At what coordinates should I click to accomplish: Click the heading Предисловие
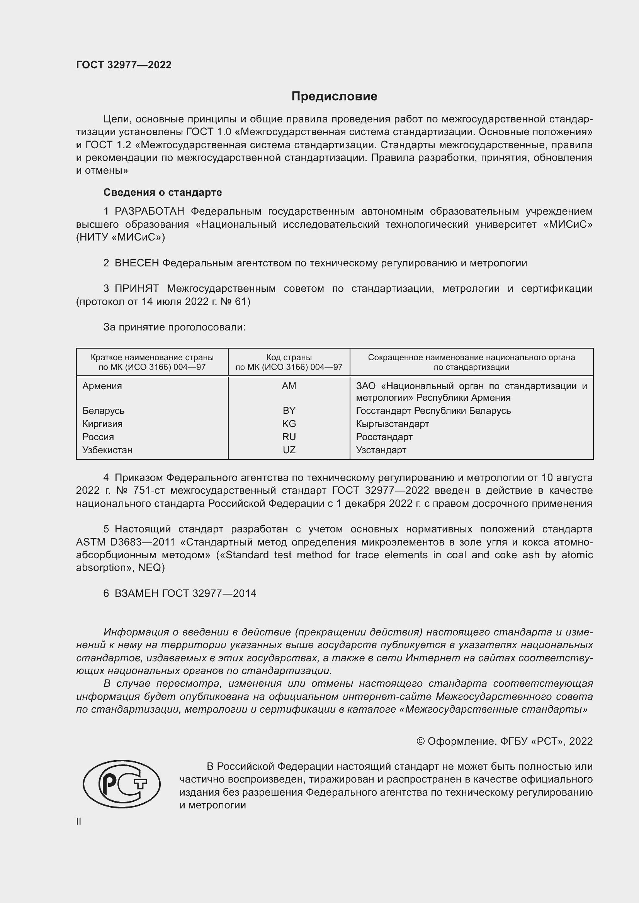[334, 97]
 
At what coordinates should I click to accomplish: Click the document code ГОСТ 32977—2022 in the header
[124, 65]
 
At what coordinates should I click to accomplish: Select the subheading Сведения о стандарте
[163, 192]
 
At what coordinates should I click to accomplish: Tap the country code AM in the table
[289, 386]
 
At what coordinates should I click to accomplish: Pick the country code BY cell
[289, 411]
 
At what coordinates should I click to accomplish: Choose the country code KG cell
[289, 424]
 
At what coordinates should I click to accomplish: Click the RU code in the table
[289, 437]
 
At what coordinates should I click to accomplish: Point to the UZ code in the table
[289, 450]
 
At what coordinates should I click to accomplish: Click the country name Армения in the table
[102, 386]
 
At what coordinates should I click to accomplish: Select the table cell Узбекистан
[107, 450]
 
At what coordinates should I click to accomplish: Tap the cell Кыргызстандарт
[392, 424]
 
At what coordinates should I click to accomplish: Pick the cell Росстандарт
[384, 437]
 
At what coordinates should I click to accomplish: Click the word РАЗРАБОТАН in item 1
[149, 212]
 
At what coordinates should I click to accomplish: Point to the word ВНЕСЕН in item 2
[136, 263]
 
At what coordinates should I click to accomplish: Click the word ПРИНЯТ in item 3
[136, 289]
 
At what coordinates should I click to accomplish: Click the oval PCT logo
[122, 784]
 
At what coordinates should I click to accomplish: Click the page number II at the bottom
[79, 821]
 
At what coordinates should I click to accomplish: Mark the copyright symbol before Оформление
[420, 741]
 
